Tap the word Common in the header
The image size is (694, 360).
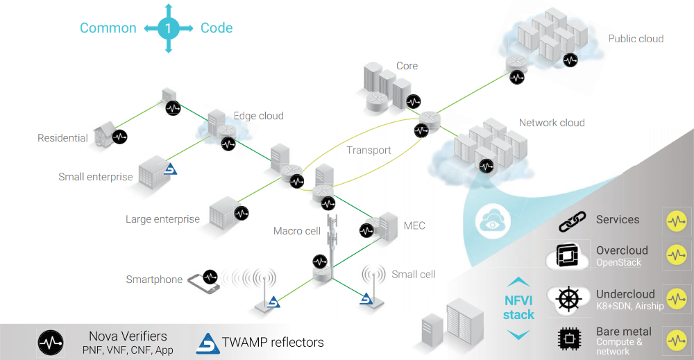click(108, 28)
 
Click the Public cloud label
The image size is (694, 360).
click(636, 39)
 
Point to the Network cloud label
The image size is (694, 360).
click(552, 123)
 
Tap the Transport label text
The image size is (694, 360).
click(369, 150)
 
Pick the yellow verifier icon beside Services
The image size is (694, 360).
click(676, 221)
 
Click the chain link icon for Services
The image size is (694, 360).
click(573, 222)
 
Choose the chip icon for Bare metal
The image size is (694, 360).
click(569, 338)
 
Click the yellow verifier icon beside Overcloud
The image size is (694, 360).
click(676, 255)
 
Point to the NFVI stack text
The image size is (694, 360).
click(518, 308)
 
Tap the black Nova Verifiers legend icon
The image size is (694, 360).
click(51, 342)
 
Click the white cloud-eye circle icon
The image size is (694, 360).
click(493, 221)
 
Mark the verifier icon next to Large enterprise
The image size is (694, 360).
click(242, 213)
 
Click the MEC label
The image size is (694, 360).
click(414, 225)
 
